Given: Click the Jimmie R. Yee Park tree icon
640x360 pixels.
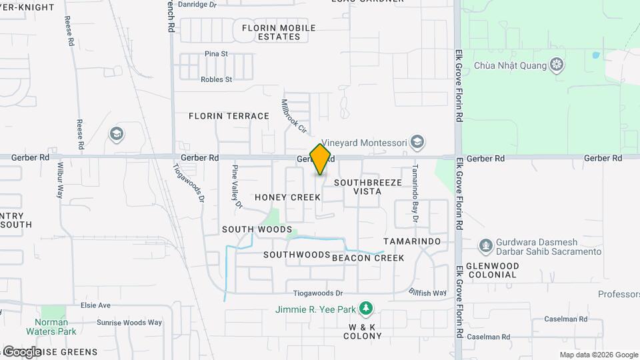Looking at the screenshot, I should click(x=365, y=309).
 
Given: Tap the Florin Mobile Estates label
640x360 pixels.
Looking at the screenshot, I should click(x=279, y=32).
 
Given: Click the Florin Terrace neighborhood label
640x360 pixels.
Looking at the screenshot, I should click(x=229, y=116).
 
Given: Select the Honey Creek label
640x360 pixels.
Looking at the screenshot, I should click(x=287, y=197).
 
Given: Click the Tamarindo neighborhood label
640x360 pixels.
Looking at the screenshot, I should click(x=413, y=241).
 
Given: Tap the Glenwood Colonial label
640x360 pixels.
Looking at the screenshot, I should click(x=493, y=270).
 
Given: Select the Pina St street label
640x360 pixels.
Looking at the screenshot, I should click(x=217, y=53).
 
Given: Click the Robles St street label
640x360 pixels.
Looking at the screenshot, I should click(x=216, y=79).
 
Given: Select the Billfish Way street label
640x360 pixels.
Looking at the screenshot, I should click(x=428, y=293).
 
